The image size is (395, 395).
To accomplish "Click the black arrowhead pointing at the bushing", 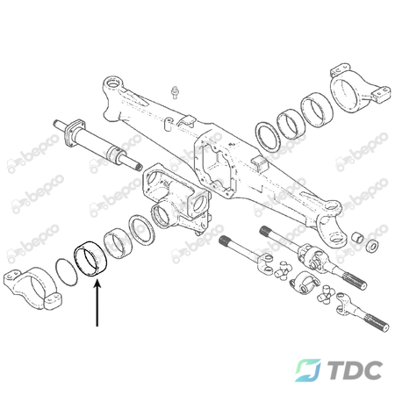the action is [x=97, y=284].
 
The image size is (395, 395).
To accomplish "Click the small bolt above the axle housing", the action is [x=175, y=92].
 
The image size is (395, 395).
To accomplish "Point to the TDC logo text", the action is [x=355, y=370].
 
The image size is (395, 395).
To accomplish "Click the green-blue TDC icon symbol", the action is [x=308, y=370].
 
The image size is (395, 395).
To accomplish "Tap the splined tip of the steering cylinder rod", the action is [x=138, y=167].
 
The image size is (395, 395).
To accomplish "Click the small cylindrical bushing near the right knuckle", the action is [x=357, y=238].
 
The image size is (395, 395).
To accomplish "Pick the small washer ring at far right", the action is [x=372, y=246].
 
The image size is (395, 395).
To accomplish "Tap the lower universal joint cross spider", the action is [x=327, y=295].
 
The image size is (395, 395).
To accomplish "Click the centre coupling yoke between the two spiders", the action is [x=304, y=283].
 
